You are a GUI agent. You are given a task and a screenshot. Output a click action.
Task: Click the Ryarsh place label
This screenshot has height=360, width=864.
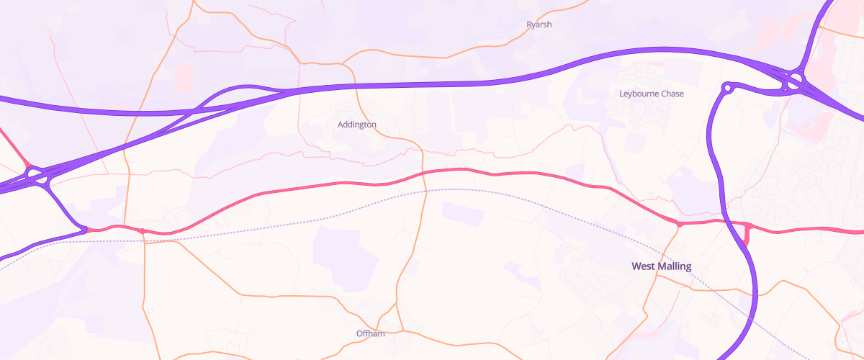539,24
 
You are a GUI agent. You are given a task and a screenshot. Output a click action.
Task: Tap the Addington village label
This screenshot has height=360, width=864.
357,125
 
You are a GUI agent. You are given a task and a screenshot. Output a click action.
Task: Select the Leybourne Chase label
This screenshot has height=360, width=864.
652,94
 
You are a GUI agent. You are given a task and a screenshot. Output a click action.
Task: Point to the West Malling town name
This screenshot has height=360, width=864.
661,266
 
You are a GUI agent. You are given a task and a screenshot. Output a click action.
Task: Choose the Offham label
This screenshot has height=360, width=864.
371,333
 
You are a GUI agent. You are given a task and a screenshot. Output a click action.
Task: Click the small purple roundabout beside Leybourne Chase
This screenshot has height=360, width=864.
726,88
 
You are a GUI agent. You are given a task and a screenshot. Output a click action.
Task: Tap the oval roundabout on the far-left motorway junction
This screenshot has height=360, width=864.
34,174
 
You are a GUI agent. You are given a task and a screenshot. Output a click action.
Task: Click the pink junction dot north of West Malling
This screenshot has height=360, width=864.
679,225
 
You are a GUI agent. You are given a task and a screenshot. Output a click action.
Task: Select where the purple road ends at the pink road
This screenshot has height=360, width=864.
85,230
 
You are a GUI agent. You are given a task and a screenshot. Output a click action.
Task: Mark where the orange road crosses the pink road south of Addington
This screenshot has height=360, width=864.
425,172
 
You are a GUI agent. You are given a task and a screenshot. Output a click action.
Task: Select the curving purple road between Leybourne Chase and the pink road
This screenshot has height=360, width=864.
713,158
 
